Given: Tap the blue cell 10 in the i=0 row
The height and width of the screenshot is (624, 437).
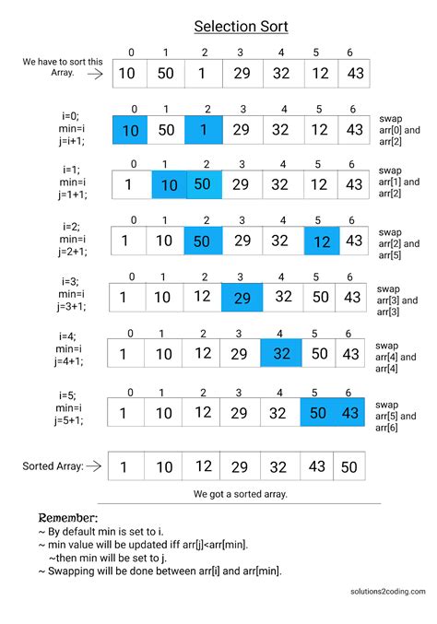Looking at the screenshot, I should [130, 131].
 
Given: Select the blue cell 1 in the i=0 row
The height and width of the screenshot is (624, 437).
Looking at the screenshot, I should [204, 131].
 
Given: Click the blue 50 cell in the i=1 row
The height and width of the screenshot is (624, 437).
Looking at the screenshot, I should [204, 184].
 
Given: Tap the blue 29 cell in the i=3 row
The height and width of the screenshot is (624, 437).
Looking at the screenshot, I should [242, 297].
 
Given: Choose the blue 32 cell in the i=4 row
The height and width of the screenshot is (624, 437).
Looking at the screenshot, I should [281, 354].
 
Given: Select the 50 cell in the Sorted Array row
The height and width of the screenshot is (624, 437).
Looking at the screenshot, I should [348, 466].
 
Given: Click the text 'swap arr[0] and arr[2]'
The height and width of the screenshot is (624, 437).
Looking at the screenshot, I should [398, 131].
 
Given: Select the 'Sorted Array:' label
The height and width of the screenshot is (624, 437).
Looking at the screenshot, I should [53, 466].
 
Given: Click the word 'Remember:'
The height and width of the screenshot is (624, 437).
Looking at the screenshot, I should [67, 518].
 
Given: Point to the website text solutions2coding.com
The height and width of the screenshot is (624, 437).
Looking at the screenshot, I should [387, 592].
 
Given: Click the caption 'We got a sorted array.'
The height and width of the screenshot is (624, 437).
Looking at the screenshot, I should [241, 494].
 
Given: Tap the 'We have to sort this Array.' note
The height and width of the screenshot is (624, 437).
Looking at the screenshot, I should [56, 68].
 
